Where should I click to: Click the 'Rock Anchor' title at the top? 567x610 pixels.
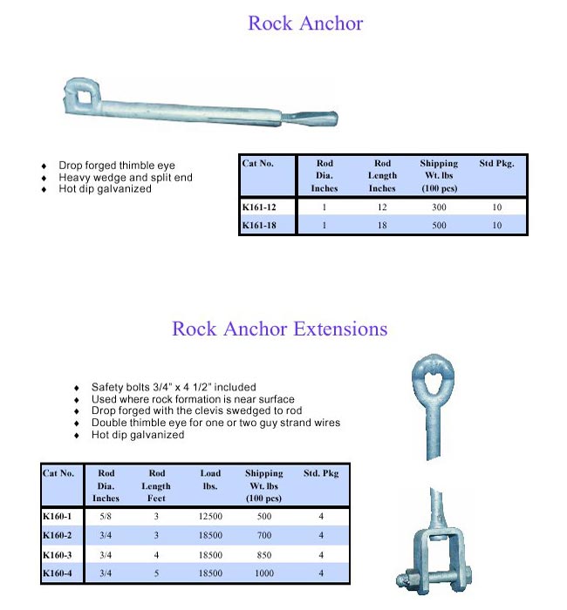click(304, 24)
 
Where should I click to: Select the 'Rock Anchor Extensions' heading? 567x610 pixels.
click(279, 329)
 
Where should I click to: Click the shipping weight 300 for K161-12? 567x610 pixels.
click(438, 207)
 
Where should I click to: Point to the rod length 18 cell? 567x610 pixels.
click(382, 225)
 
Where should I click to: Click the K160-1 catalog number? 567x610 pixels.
click(58, 517)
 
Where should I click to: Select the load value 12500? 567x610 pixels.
click(210, 517)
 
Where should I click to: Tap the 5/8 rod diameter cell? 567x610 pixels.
click(106, 517)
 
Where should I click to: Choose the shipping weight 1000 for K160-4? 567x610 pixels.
click(263, 573)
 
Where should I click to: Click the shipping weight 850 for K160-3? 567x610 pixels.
click(263, 554)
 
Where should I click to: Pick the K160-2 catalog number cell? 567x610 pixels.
click(58, 535)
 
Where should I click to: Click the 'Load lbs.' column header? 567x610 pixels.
click(210, 480)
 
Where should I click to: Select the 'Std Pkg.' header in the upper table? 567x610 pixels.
click(496, 164)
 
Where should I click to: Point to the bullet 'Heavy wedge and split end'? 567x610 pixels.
click(126, 177)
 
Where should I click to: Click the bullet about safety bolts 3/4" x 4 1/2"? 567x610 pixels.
click(174, 387)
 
